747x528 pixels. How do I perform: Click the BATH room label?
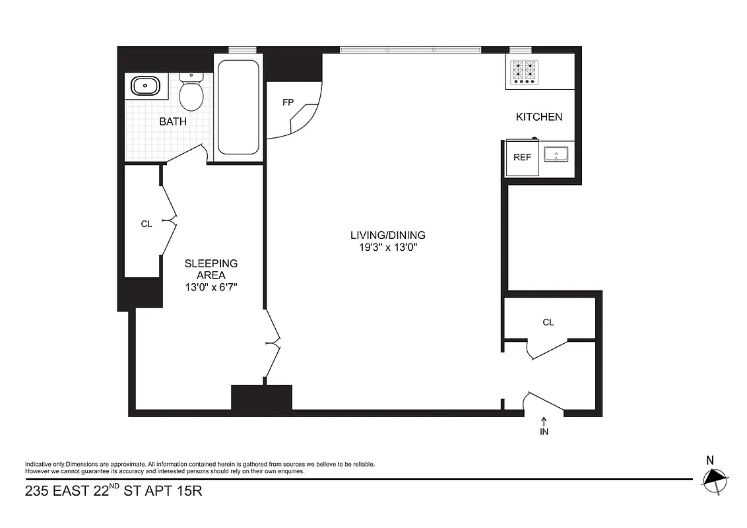(x=172, y=121)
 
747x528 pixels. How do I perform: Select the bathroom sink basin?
(x=145, y=86)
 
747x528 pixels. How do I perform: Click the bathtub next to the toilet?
(x=238, y=107)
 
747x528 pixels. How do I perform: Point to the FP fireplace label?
(x=287, y=102)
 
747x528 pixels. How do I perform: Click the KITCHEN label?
(x=538, y=117)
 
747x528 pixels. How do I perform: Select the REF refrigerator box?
(x=522, y=158)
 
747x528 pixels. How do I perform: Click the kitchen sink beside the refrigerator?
(x=557, y=155)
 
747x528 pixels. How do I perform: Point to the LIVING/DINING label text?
(x=387, y=235)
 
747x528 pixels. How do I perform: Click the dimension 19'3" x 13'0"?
(x=387, y=247)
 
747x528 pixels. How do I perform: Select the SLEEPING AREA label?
(x=211, y=269)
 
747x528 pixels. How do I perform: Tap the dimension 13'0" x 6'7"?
(x=211, y=287)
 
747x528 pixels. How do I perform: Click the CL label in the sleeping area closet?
(x=146, y=224)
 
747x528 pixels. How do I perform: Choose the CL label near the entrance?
(x=548, y=322)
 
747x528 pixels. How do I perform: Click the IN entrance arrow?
(x=544, y=426)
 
